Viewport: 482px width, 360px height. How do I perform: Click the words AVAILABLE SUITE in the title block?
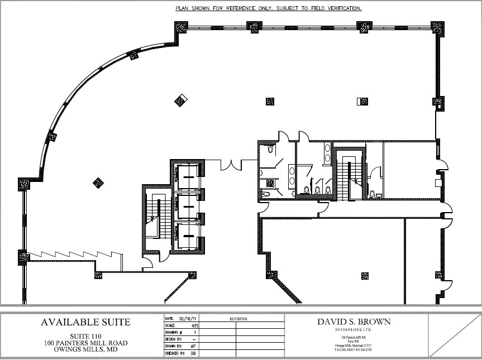85,322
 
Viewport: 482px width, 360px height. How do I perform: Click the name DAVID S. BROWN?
354,321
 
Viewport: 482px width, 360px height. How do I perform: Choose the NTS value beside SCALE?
195,325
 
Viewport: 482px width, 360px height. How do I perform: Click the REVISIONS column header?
238,319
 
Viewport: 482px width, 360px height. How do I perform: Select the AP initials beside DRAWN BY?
193,346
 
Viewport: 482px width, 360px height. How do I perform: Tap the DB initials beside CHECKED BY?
193,353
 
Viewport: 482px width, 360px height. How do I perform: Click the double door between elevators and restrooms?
231,165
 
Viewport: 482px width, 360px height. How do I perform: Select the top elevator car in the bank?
187,177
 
